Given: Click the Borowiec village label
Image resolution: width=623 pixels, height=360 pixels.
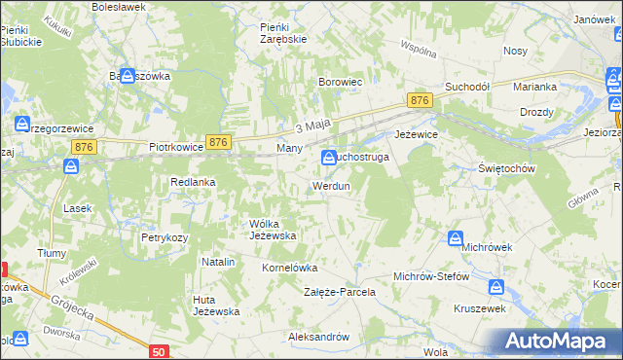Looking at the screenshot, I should point(341,83).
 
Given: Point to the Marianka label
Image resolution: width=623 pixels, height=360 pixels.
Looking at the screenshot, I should point(535,87).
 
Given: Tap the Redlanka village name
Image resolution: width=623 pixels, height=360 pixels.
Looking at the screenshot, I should point(193,182).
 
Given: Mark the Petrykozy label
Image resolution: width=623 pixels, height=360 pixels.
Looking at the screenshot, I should point(164,236).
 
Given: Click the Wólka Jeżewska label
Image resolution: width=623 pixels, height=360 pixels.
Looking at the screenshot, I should point(273,230).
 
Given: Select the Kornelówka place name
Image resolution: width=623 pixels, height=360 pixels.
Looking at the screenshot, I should point(291,266).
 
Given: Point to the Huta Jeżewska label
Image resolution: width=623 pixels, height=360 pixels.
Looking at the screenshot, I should point(216,305).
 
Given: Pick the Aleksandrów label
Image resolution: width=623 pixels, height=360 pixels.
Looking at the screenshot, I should point(318,337).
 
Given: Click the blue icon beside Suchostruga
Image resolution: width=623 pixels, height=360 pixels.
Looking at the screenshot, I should point(329,156).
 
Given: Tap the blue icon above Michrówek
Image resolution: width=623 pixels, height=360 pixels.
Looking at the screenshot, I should point(456,238).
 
